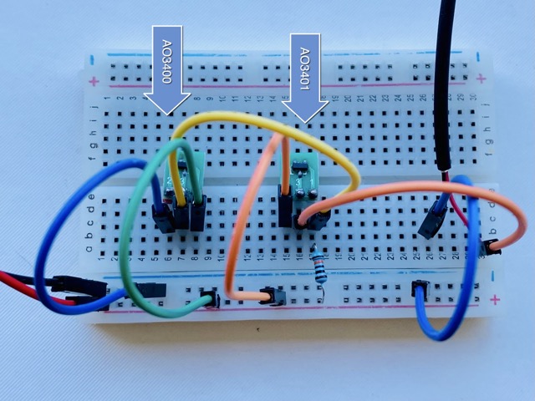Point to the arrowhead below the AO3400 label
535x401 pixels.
[167, 102]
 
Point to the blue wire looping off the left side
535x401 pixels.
[50, 251]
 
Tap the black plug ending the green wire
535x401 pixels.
[209, 298]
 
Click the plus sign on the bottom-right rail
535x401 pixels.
[495, 299]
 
